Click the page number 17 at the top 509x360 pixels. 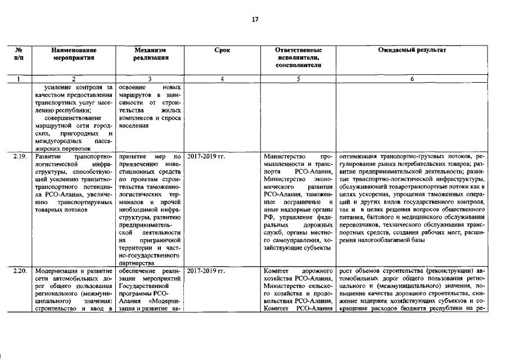tap(255, 20)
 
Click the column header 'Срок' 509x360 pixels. tap(222, 50)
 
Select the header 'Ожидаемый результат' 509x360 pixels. tap(412, 50)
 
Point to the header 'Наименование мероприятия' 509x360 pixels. tap(73, 53)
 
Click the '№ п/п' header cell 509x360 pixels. tap(19, 53)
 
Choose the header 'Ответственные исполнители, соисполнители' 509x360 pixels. tap(299, 57)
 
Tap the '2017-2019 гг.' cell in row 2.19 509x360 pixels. tap(205, 155)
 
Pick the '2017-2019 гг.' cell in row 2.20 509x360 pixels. tap(205, 271)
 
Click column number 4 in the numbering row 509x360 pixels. tap(222, 79)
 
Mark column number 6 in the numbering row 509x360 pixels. tap(412, 79)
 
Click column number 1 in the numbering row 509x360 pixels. tap(19, 79)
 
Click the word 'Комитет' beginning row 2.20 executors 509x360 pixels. tap(276, 271)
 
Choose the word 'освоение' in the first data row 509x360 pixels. tap(134, 88)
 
